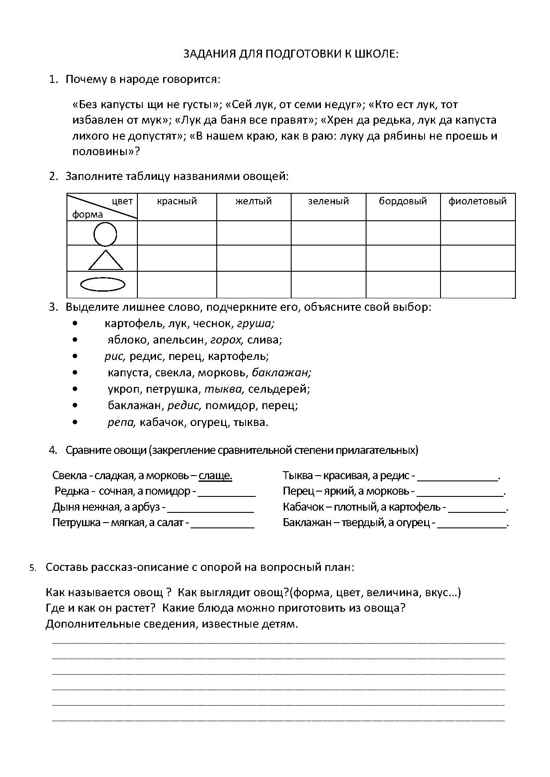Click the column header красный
[x=177, y=201]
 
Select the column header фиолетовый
[x=477, y=201]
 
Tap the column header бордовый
[x=402, y=201]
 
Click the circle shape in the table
[x=105, y=234]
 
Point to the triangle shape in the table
[x=105, y=261]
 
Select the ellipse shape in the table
[x=102, y=285]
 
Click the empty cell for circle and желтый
[x=254, y=233]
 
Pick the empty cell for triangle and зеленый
[x=328, y=258]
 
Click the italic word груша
[x=256, y=324]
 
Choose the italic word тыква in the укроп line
[x=224, y=389]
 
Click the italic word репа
[x=121, y=422]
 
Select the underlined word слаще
[x=215, y=476]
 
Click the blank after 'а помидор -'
[x=226, y=492]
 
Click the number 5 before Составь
[x=32, y=568]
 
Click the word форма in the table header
[x=87, y=215]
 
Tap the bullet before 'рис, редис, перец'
[x=76, y=356]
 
